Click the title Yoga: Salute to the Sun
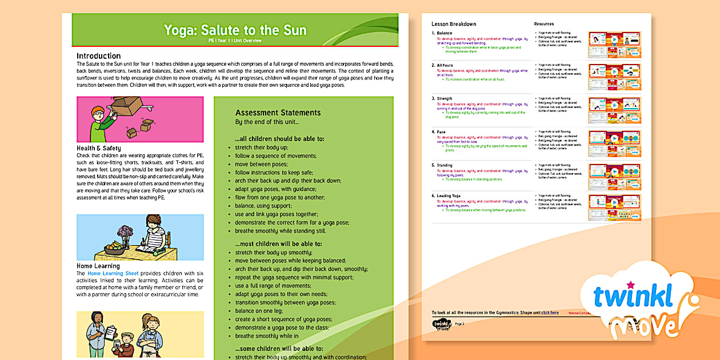tap(235, 30)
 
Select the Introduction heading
tap(99, 56)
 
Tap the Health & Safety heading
tap(99, 148)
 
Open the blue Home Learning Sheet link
tap(113, 274)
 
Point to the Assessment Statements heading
tap(278, 113)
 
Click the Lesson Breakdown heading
tap(454, 24)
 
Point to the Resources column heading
tap(544, 24)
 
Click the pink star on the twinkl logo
tap(631, 284)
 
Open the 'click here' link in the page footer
tap(550, 313)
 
